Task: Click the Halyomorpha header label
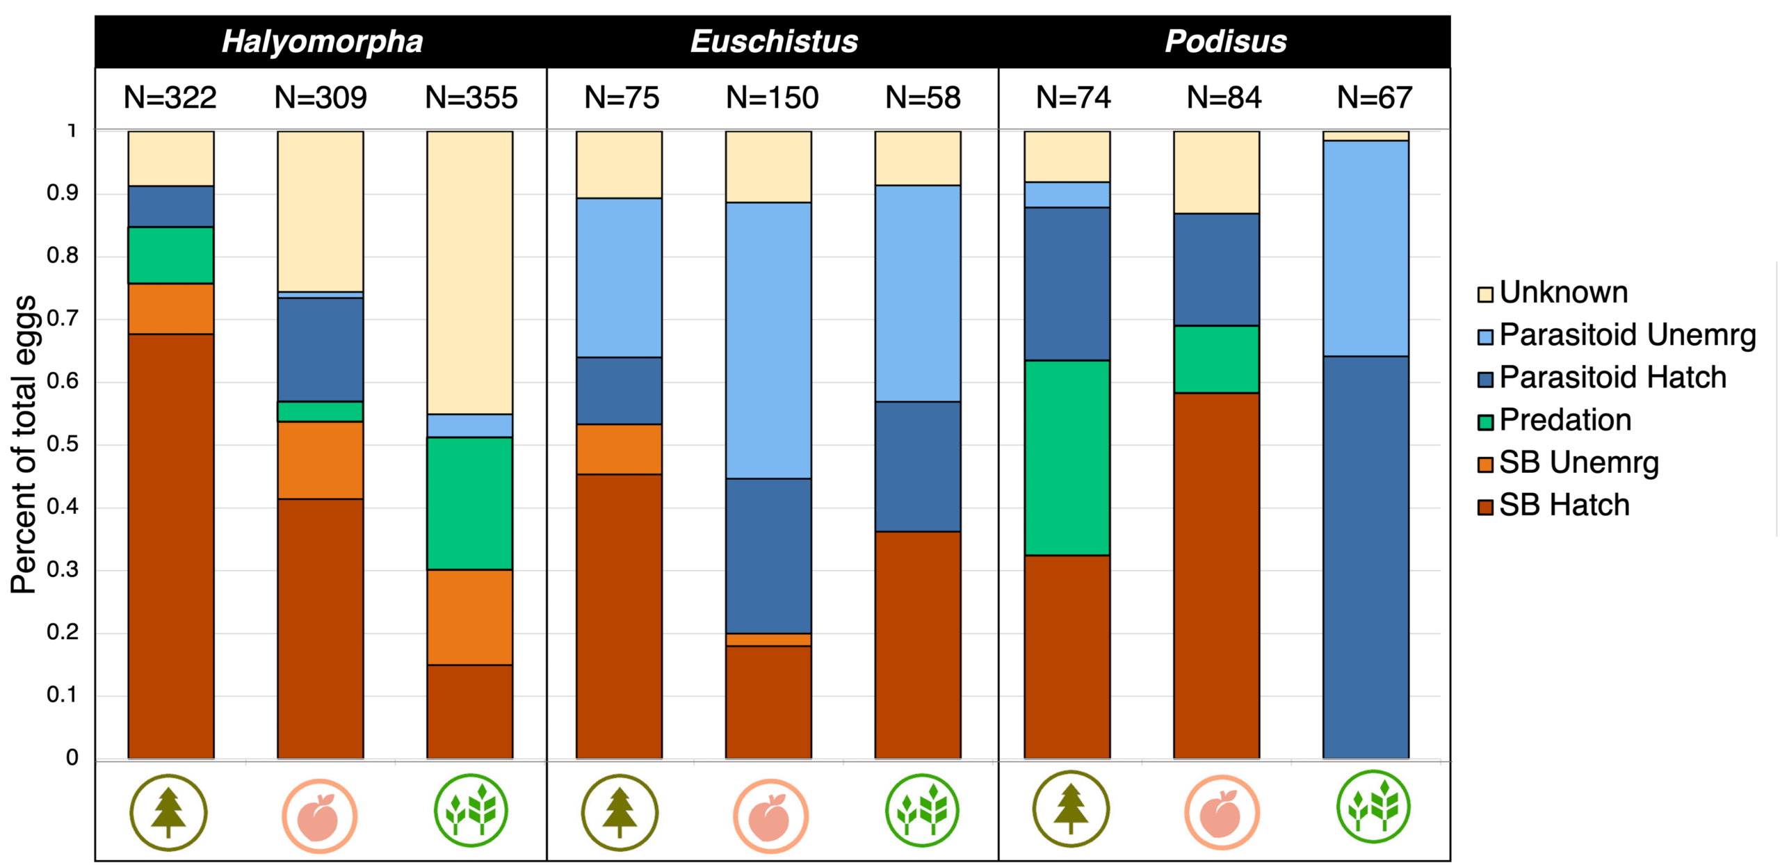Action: [x=322, y=42]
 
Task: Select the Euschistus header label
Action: [x=774, y=42]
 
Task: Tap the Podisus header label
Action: [x=1225, y=42]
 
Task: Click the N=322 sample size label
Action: [x=170, y=98]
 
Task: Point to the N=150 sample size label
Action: [x=772, y=98]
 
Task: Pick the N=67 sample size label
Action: [x=1374, y=98]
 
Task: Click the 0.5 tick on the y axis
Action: [x=63, y=444]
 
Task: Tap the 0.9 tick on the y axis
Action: [x=63, y=193]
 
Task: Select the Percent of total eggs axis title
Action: [x=24, y=444]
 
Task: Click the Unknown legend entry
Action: [x=1563, y=293]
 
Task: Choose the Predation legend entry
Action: [x=1564, y=421]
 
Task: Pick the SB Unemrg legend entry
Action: [x=1578, y=463]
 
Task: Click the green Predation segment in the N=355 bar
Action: [x=469, y=503]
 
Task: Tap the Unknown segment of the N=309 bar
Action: [x=320, y=211]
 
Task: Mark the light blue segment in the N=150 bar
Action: [x=768, y=340]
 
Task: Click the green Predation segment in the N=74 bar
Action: [x=1067, y=458]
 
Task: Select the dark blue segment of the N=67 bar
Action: [x=1366, y=556]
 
